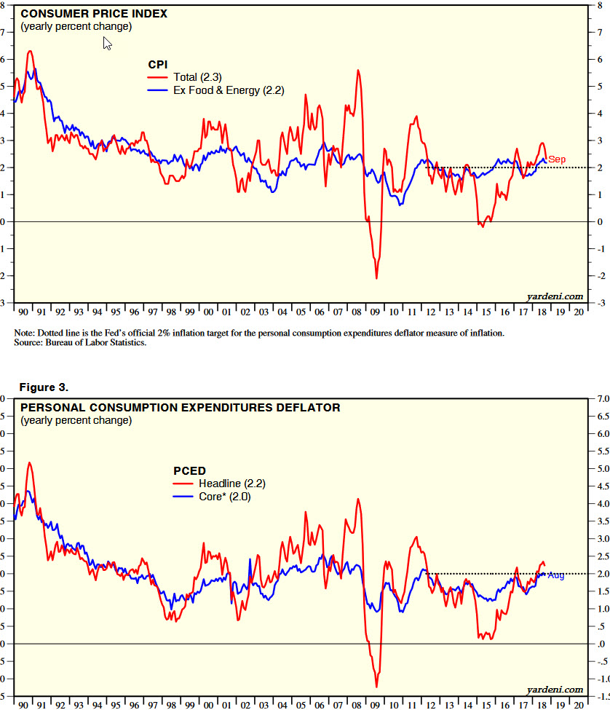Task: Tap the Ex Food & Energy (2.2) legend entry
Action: (228, 91)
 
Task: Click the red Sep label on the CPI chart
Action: (557, 159)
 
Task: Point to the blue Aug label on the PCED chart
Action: (556, 575)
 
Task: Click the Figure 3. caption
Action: (44, 385)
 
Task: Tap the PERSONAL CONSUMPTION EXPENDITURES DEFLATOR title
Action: (180, 408)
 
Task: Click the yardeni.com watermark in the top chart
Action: (555, 296)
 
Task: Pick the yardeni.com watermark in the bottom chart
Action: (555, 689)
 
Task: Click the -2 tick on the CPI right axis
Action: (598, 276)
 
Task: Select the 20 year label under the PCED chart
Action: (578, 705)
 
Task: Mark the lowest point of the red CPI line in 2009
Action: (376, 278)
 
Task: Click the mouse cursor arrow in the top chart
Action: (107, 44)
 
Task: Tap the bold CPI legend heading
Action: (158, 65)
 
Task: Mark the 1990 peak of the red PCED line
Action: (30, 462)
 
